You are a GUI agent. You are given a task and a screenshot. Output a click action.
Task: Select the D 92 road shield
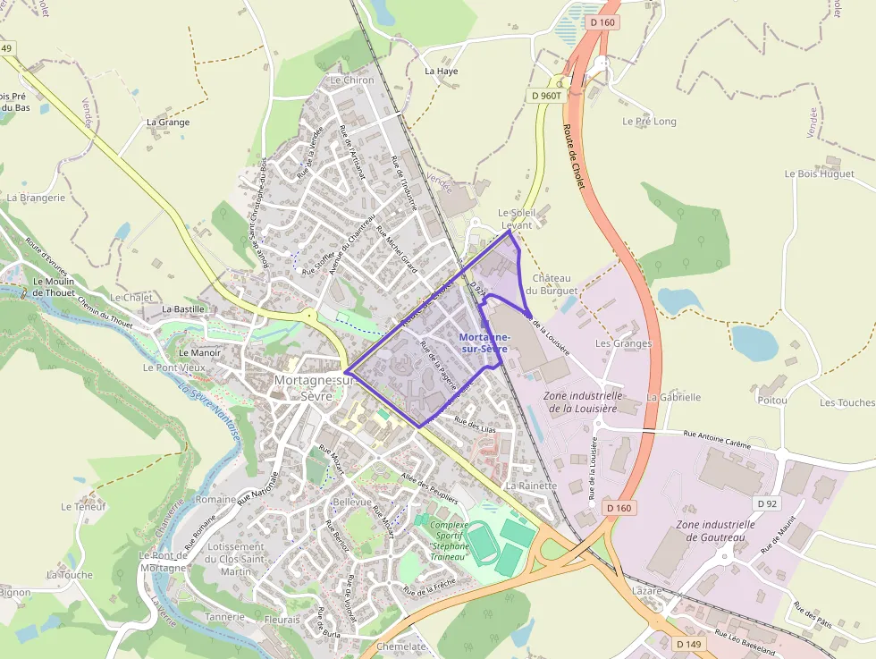[766, 503]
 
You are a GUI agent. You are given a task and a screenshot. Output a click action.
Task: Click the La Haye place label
[442, 71]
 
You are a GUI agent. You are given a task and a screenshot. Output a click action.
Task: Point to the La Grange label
[168, 122]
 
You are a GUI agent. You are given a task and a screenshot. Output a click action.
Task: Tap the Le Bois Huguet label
[819, 173]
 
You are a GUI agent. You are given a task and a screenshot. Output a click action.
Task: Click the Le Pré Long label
[649, 121]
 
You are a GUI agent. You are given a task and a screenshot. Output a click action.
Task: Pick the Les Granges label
[623, 343]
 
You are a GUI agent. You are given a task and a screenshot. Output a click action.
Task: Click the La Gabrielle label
[673, 397]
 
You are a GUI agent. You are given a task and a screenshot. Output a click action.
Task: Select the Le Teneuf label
[83, 506]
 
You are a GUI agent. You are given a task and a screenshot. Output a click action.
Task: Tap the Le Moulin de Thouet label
[53, 286]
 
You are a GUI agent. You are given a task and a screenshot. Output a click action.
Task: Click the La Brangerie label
[36, 198]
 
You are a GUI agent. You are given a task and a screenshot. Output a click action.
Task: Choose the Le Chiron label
[352, 80]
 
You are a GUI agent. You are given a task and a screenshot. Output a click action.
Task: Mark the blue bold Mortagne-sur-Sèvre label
[483, 342]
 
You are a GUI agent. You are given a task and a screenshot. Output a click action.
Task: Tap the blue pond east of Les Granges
[754, 342]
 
